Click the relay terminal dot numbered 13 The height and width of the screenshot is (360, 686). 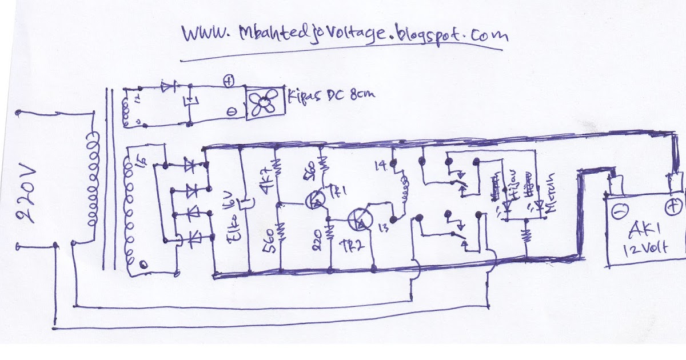[394, 219]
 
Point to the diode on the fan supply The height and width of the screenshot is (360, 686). [169, 88]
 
